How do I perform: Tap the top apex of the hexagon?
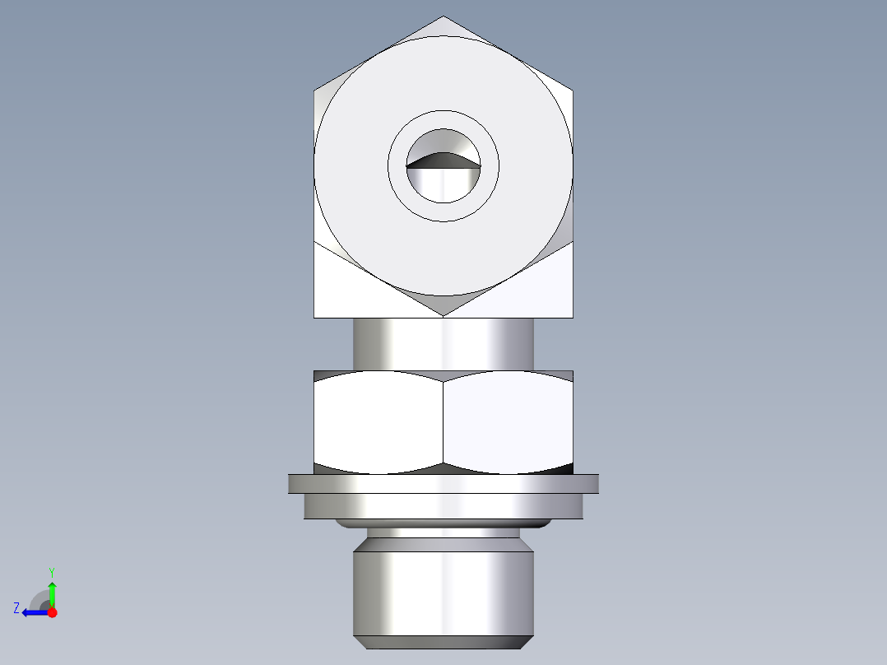[x=443, y=17]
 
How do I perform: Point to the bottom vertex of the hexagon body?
[x=443, y=315]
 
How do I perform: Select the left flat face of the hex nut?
[x=378, y=421]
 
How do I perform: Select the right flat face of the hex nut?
[x=508, y=421]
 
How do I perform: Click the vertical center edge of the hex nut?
[x=443, y=421]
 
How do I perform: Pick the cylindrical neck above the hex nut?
[x=443, y=344]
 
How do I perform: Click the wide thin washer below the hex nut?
[x=443, y=483]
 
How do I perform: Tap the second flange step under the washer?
[x=443, y=505]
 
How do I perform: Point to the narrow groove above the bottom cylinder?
[x=443, y=533]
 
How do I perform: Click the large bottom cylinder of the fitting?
[x=443, y=591]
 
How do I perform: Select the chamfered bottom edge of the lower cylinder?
[x=443, y=642]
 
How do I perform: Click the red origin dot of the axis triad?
[x=52, y=612]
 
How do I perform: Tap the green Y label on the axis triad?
[x=52, y=571]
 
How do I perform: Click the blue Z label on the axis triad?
[x=16, y=608]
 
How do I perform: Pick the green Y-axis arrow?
[x=52, y=591]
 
